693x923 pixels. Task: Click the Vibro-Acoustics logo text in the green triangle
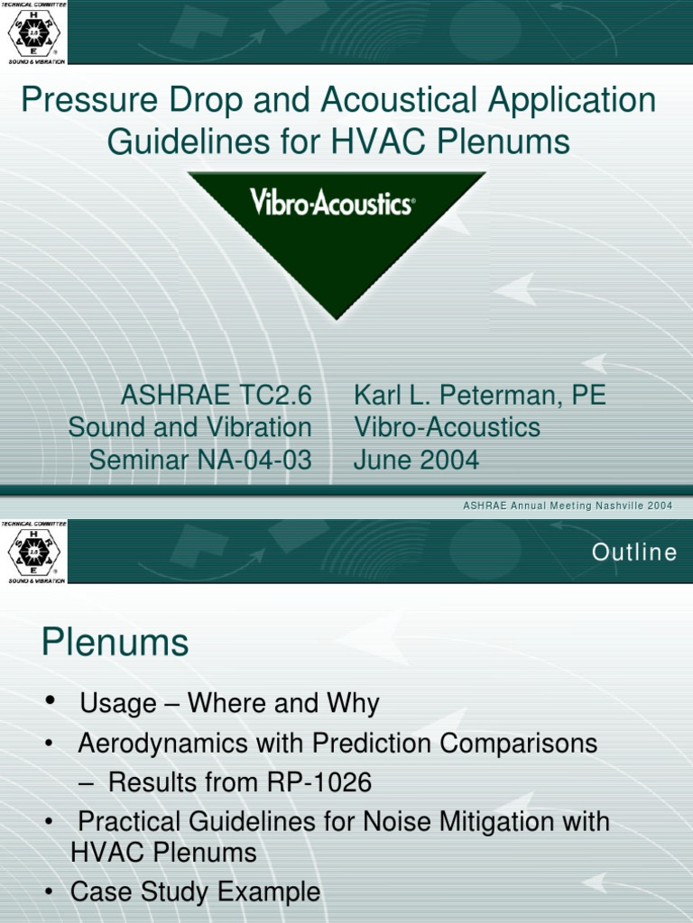pos(331,203)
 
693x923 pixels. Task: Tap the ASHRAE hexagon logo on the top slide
pos(33,33)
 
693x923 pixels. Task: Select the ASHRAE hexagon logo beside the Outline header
pos(33,552)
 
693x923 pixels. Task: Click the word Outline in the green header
pos(634,553)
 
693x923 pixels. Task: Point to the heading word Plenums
pos(115,644)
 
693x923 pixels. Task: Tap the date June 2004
pos(416,460)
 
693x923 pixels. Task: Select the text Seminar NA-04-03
pos(199,460)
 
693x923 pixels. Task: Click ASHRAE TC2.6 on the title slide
pos(216,395)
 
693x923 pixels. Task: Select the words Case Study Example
pos(195,892)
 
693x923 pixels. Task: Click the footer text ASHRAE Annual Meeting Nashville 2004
pos(568,506)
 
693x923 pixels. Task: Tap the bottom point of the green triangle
pos(337,317)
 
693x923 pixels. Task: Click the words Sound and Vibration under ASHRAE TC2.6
pos(189,427)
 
